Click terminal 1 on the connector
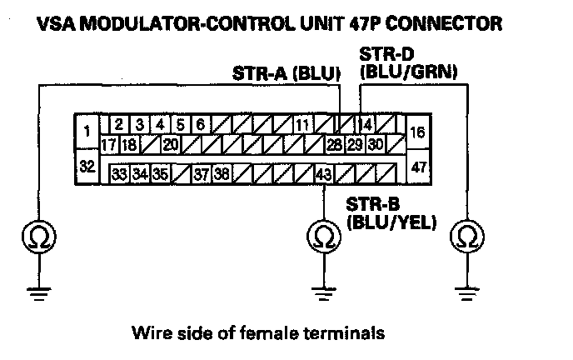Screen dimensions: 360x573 coord(87,130)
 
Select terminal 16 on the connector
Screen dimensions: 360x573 coord(418,132)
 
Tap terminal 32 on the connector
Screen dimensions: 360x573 coord(87,166)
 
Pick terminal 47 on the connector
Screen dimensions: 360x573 coord(418,167)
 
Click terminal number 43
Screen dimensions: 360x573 coord(322,175)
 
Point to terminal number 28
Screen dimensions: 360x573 coord(335,145)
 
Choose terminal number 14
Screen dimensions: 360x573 coord(364,126)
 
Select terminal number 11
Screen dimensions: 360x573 coord(302,126)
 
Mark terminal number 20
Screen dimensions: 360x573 coord(170,145)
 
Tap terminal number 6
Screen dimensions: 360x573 coord(200,126)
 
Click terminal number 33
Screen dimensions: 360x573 coord(119,175)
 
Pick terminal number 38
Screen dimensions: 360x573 coord(221,175)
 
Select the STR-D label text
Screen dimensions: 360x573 coord(380,56)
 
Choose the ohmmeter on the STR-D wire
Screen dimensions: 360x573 coord(466,238)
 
